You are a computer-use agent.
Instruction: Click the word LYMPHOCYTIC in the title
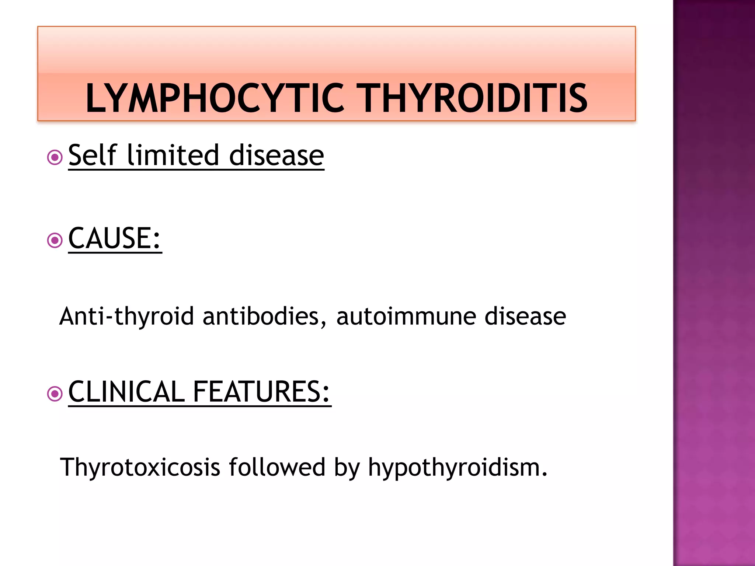click(x=215, y=98)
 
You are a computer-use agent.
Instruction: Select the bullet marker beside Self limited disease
click(x=55, y=158)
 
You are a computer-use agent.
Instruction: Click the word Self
click(x=93, y=155)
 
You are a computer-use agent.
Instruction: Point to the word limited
click(x=173, y=155)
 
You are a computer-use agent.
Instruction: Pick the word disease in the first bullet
click(x=276, y=156)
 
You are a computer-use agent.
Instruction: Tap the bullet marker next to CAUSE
click(x=55, y=241)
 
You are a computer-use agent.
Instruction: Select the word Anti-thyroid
click(x=126, y=317)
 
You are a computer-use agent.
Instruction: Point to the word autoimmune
click(x=406, y=317)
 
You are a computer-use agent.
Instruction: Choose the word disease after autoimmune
click(x=525, y=317)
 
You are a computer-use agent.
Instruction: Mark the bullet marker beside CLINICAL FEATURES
click(x=55, y=394)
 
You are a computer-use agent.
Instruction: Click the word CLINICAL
click(x=126, y=392)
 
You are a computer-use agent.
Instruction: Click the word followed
click(x=277, y=467)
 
